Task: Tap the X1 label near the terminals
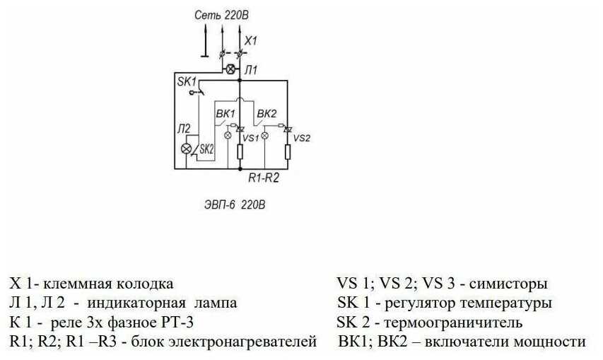(x=250, y=41)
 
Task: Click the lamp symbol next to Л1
(x=230, y=69)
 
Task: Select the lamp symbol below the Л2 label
(x=187, y=149)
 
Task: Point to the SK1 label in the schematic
(x=186, y=82)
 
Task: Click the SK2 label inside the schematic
(x=206, y=149)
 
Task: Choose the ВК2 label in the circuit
(x=267, y=114)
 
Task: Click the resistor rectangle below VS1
(x=240, y=151)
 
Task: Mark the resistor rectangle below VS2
(x=288, y=151)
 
